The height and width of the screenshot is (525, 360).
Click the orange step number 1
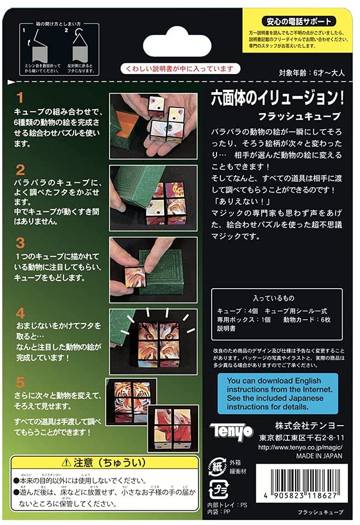(x=20, y=98)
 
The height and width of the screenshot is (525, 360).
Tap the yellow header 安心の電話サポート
(x=299, y=22)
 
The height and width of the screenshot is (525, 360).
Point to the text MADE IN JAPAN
(x=319, y=456)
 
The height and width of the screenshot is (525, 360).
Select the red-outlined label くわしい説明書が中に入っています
(x=181, y=69)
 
